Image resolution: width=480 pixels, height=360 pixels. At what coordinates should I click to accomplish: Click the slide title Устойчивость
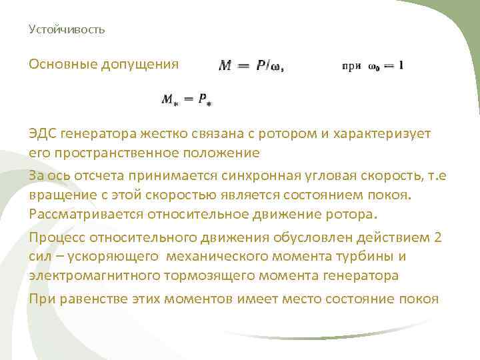click(67, 30)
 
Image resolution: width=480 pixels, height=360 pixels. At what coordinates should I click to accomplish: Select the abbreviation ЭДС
click(43, 133)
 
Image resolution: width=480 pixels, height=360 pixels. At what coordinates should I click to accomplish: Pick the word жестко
click(145, 133)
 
